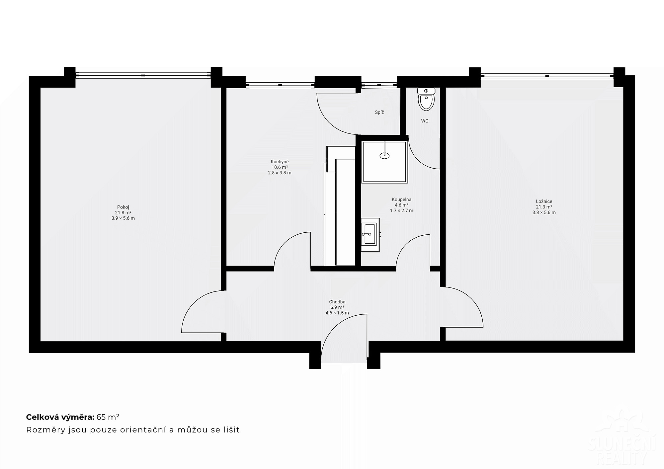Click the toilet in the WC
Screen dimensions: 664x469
(426, 99)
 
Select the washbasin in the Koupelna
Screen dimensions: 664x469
(370, 234)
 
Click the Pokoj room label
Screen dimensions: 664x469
(123, 207)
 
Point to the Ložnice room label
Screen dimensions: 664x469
(544, 201)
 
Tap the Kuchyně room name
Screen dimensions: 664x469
(280, 162)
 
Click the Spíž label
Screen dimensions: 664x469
(379, 112)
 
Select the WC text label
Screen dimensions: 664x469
(425, 121)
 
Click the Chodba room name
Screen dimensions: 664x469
(337, 302)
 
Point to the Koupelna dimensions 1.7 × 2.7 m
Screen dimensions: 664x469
(402, 210)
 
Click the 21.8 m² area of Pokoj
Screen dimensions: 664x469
(123, 213)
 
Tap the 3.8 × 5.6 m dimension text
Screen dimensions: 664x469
(544, 212)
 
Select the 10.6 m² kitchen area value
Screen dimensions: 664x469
(280, 167)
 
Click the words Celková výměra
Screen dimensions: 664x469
(60, 417)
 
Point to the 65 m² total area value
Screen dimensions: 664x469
(108, 417)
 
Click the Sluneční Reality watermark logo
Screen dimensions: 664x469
(622, 438)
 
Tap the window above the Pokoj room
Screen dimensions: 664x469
(143, 75)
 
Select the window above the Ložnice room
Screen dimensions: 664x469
(547, 76)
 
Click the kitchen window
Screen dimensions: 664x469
(280, 85)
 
